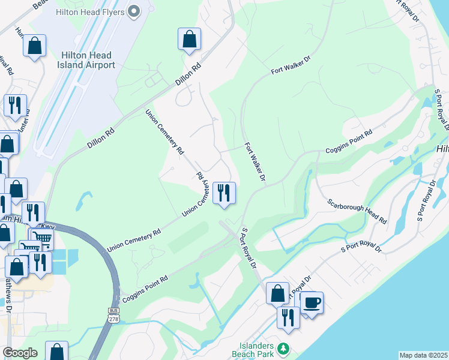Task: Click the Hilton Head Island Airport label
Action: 84,59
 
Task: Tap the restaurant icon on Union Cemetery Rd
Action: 224,193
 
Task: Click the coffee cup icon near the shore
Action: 312,302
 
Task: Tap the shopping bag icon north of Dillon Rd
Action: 189,39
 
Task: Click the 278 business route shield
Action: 113,314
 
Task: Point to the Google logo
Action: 19,353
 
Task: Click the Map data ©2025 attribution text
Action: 423,355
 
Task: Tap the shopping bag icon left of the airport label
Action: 35,46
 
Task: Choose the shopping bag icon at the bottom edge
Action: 56,351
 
